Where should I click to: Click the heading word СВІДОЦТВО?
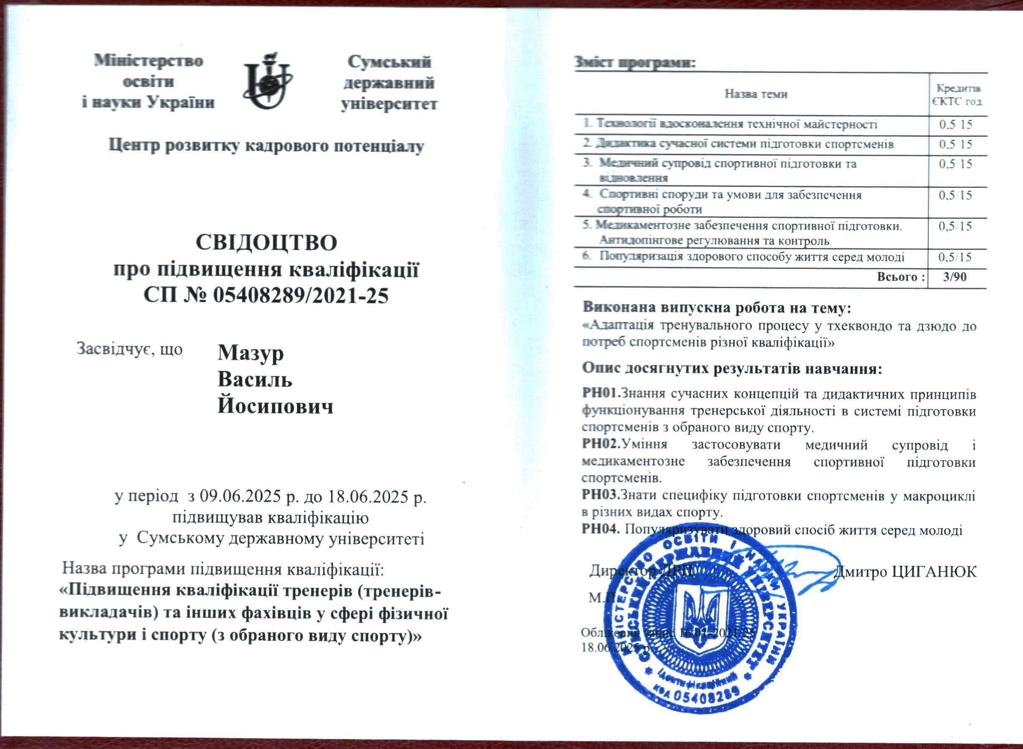[267, 243]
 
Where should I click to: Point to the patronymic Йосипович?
[275, 407]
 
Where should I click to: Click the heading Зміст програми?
[635, 63]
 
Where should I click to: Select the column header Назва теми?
[756, 94]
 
